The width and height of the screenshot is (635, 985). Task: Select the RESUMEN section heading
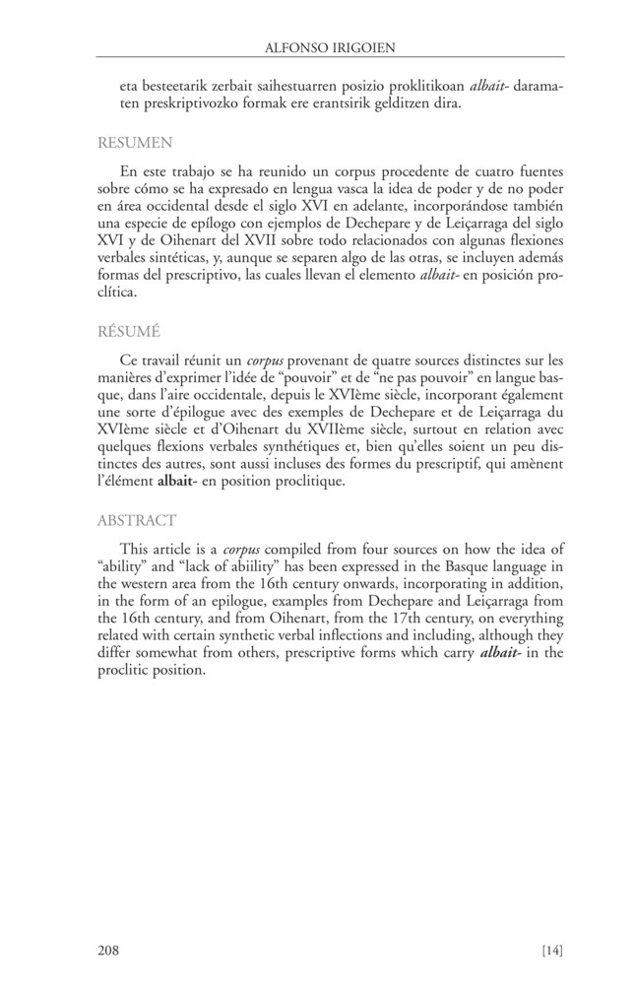(135, 142)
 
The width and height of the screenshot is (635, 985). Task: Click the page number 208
(109, 951)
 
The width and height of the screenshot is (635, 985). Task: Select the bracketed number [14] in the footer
(551, 951)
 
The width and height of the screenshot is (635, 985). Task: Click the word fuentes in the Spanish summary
(538, 172)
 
